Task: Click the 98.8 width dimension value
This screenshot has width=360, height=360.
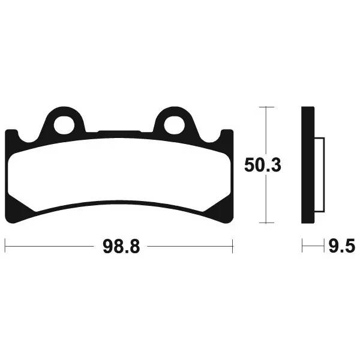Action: click(121, 247)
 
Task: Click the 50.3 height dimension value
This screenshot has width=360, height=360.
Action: click(263, 166)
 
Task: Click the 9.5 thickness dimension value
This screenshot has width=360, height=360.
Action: click(342, 245)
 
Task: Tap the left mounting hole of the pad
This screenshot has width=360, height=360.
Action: click(64, 125)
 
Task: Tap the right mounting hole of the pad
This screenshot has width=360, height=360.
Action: click(174, 125)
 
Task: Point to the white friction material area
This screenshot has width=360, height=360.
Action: click(119, 175)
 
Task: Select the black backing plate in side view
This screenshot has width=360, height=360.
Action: click(308, 165)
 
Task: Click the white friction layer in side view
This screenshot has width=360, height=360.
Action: click(319, 175)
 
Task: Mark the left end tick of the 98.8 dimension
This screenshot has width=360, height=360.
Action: click(5, 246)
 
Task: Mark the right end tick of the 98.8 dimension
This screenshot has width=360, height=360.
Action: click(233, 246)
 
